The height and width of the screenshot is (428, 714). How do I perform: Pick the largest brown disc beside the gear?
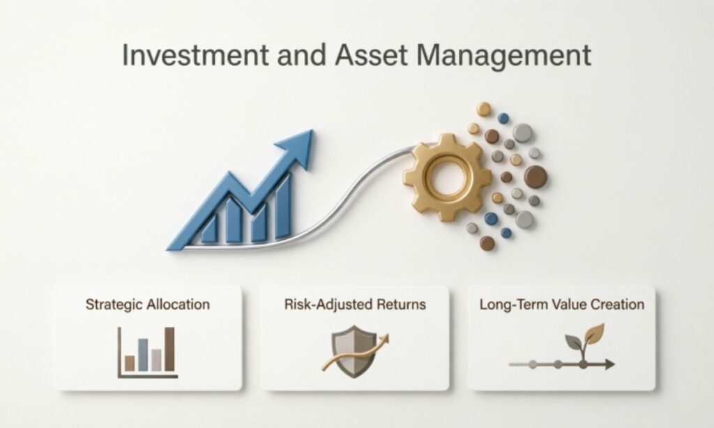tap(535, 176)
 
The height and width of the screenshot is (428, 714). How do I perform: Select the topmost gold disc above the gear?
tap(484, 109)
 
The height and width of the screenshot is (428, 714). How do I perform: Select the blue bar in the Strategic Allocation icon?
tap(143, 353)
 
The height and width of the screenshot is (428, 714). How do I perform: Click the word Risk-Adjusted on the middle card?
tap(321, 305)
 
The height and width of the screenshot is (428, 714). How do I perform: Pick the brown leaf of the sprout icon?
tap(593, 335)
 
